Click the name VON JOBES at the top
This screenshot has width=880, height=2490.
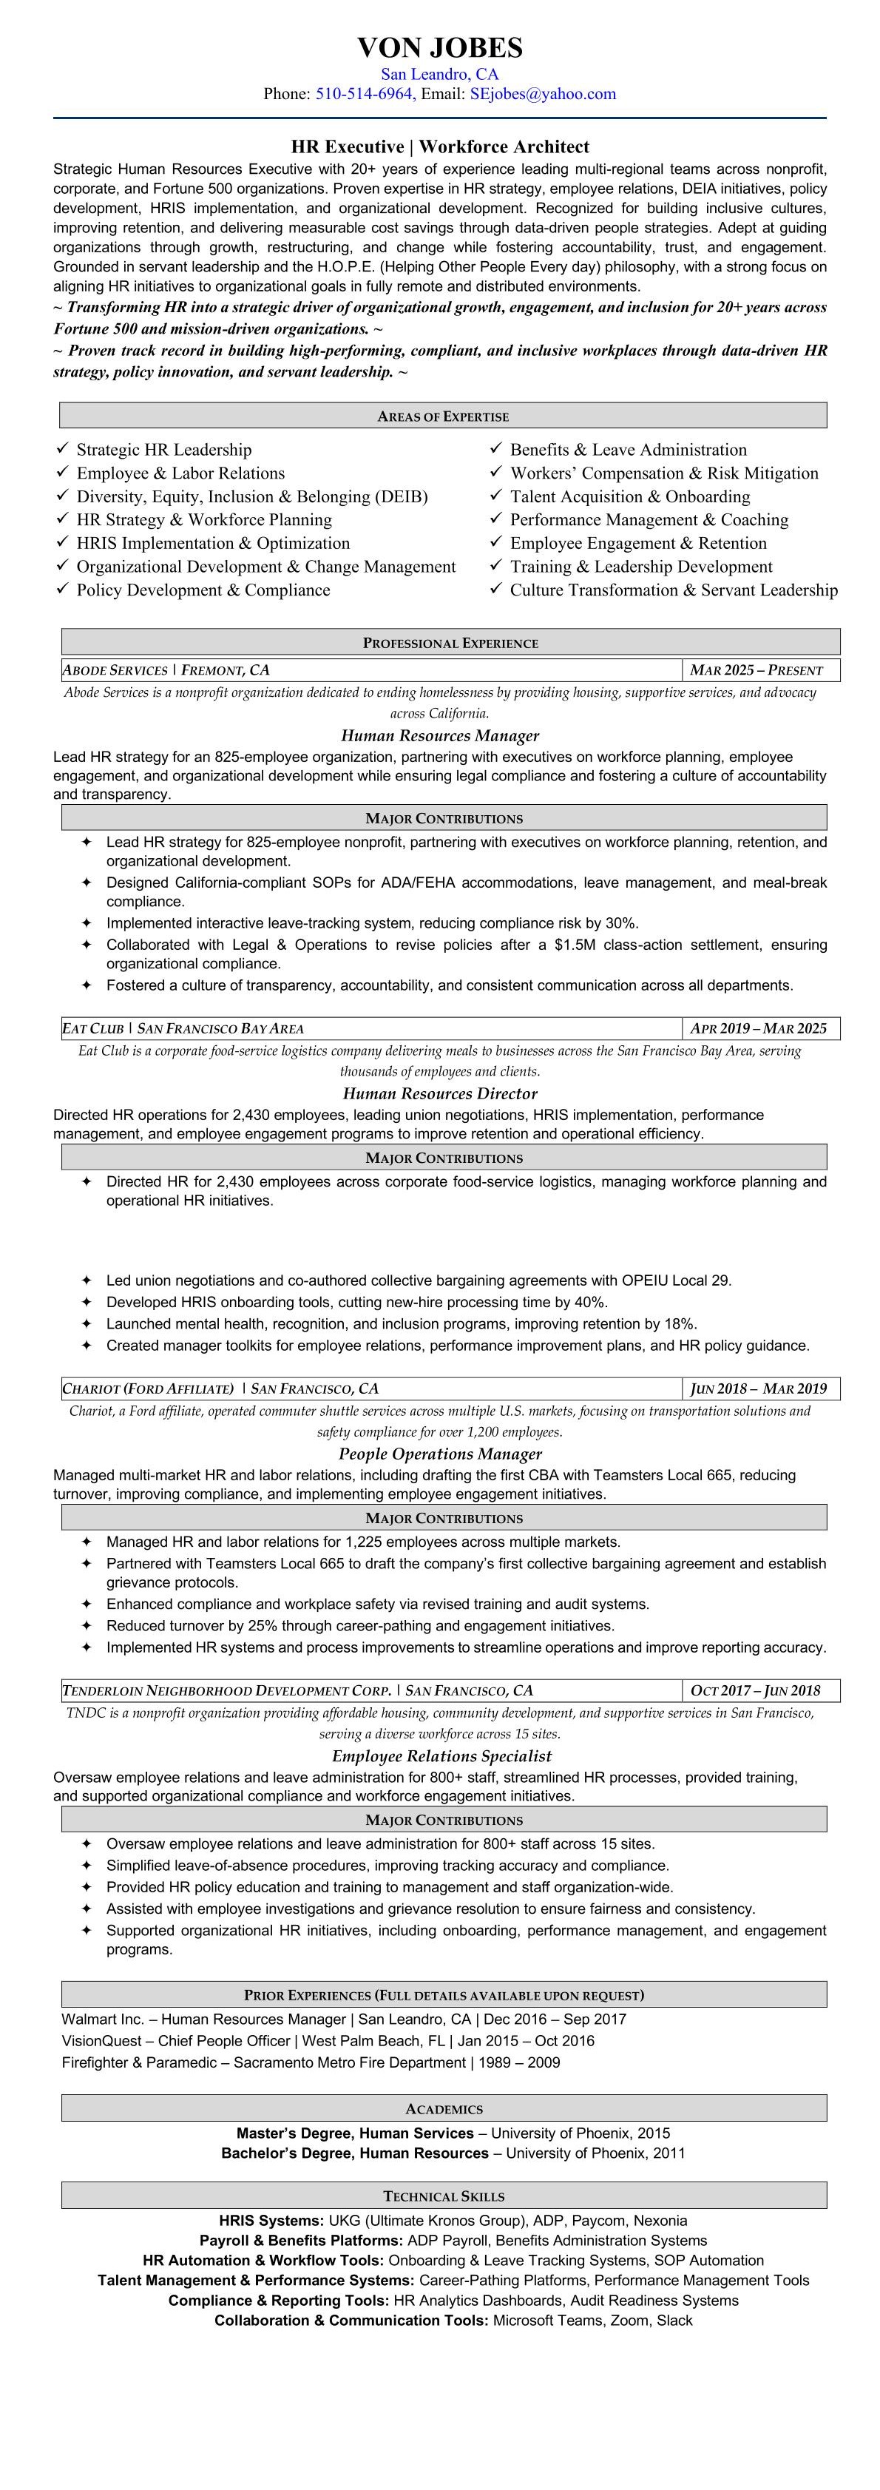point(439,47)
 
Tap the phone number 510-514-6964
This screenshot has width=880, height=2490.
point(364,94)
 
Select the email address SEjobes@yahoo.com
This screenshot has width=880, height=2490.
point(542,94)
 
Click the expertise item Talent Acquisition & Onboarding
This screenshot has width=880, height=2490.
point(630,496)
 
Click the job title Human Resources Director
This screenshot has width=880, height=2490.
point(439,1093)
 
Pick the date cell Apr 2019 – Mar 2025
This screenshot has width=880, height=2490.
point(758,1028)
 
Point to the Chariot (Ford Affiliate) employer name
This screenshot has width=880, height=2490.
point(148,1389)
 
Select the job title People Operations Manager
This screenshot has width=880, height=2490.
point(439,1454)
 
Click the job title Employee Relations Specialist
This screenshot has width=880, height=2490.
point(441,1755)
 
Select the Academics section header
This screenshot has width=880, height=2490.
point(444,2109)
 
